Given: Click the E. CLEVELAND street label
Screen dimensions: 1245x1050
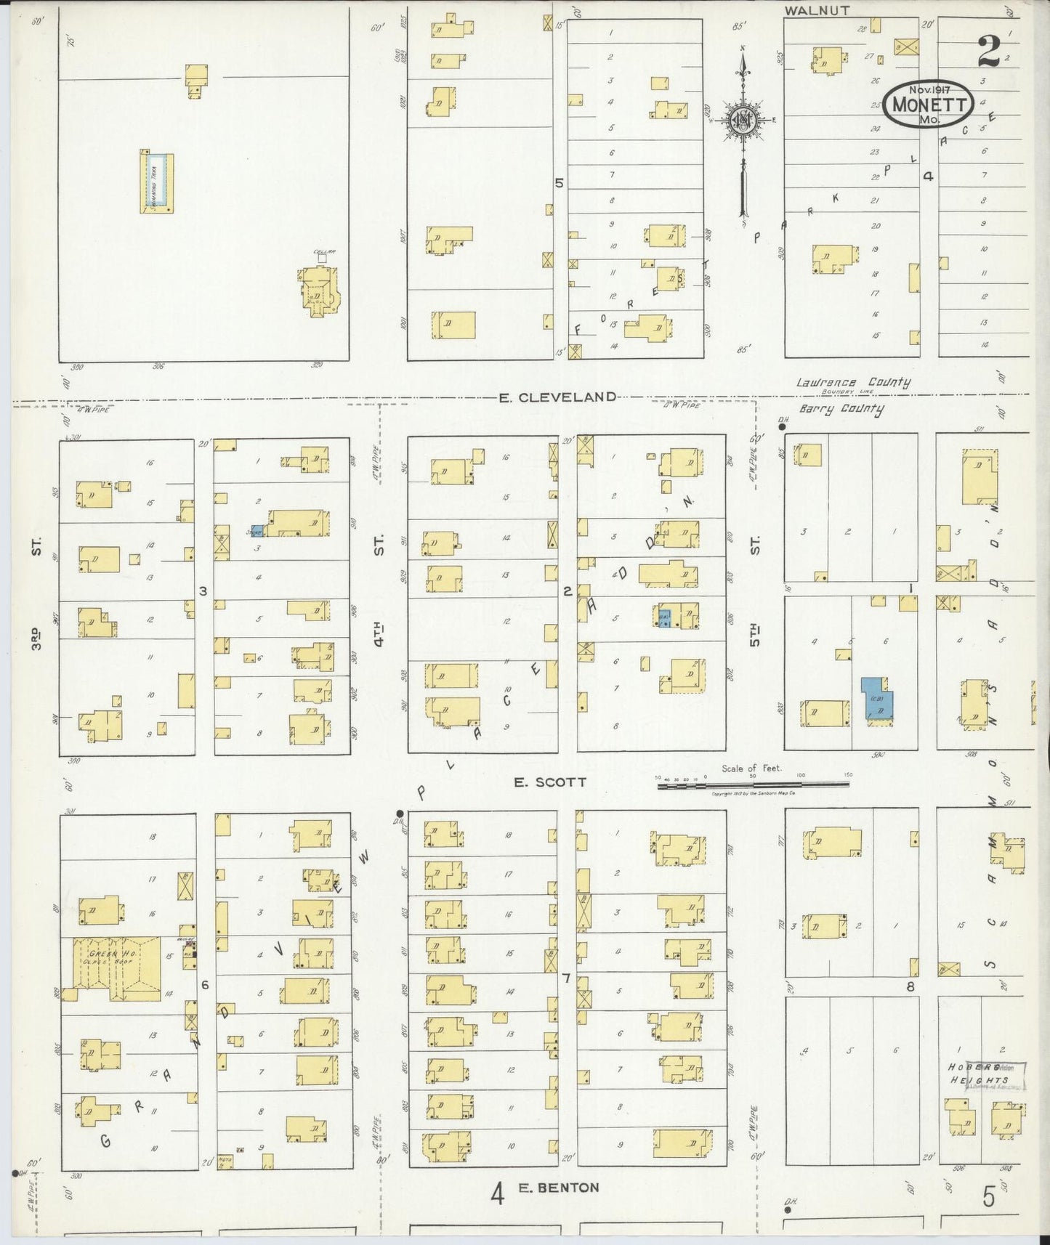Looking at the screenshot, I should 557,397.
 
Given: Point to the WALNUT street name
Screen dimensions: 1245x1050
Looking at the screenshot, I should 817,10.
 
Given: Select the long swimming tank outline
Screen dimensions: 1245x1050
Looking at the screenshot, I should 156,182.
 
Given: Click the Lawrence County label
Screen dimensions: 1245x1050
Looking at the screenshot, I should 852,384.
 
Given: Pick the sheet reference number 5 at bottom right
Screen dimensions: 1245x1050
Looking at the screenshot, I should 988,1196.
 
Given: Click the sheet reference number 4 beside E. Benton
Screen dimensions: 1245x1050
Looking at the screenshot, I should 497,1193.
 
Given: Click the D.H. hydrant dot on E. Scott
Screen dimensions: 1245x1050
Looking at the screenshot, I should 399,812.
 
